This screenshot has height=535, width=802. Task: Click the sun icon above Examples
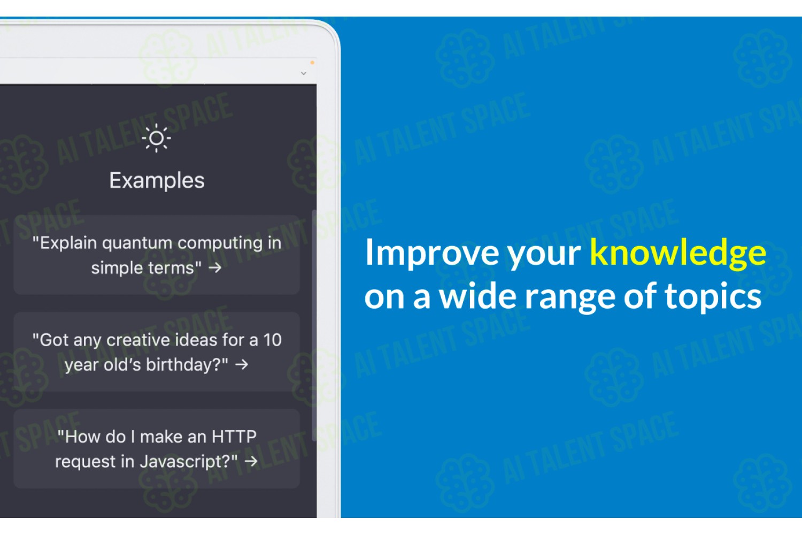coord(156,138)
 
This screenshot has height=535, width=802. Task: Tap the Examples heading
coord(157,181)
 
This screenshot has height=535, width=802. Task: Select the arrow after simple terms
coord(215,267)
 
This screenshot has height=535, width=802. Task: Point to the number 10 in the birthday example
coord(273,340)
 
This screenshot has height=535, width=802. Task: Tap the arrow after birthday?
coord(242,364)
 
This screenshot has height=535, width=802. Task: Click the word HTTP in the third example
coord(234,437)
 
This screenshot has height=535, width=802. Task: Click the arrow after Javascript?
coord(251,461)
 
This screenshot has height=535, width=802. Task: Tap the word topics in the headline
coord(713,298)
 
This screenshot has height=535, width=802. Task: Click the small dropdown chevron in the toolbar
coord(304,73)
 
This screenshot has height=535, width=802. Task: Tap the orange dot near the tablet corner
coord(312,63)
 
